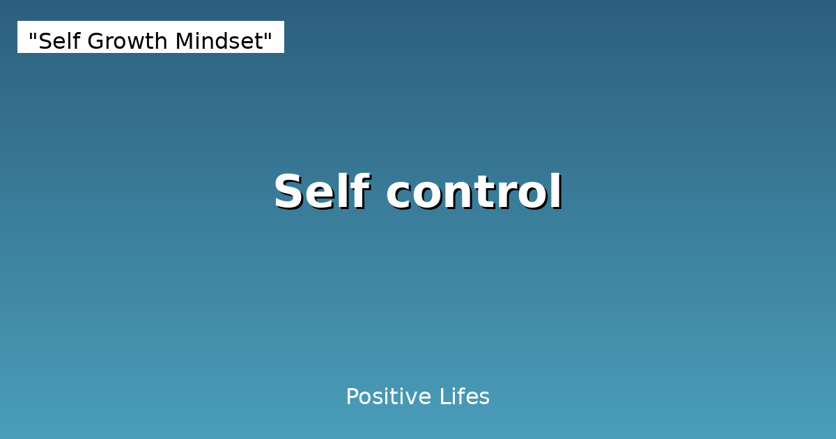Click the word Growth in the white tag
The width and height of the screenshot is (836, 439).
tap(127, 42)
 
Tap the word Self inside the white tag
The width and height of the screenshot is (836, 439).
tap(60, 42)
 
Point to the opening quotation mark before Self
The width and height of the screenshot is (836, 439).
tap(33, 36)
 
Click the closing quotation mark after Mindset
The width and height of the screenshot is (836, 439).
tap(268, 36)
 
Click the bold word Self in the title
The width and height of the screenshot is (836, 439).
tap(321, 192)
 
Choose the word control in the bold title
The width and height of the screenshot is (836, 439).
tap(474, 192)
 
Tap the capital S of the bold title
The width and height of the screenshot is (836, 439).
tap(290, 193)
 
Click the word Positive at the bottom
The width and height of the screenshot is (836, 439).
tap(388, 397)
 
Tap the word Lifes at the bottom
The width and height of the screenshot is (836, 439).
tap(465, 397)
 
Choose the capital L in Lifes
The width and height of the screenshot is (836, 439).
tap(444, 397)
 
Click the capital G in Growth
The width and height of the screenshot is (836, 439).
tap(98, 42)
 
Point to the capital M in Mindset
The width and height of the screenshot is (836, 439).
tap(184, 42)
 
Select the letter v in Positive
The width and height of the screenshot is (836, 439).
tap(406, 399)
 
